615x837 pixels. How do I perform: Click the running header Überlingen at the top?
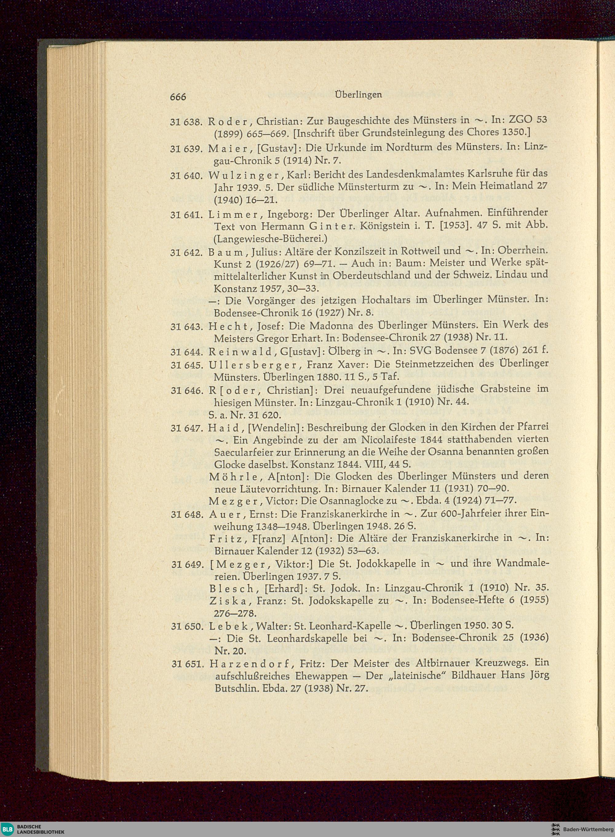pyautogui.click(x=359, y=94)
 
